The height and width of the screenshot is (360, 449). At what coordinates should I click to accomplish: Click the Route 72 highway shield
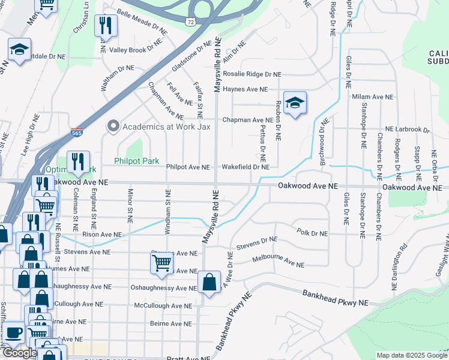coord(190,22)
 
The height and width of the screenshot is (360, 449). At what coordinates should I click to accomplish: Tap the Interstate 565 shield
coord(76,133)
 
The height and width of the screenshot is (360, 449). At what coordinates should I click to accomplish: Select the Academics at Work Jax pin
coord(112,127)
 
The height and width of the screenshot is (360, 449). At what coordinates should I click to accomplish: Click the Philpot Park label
coord(137,161)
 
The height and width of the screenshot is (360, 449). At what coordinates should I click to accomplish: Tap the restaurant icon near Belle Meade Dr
coord(106,25)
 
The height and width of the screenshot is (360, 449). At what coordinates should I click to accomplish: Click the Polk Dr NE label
coord(313,232)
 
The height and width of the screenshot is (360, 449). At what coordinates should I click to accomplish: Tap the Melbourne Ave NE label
coord(279,263)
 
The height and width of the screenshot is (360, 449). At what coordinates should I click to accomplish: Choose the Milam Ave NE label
coord(372,97)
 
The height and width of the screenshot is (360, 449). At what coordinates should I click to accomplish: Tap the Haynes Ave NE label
coord(244,89)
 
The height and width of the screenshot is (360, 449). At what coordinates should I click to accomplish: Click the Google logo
coord(19,352)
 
